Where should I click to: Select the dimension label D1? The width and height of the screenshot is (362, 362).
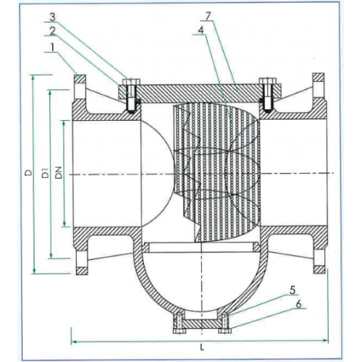[44, 173]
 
